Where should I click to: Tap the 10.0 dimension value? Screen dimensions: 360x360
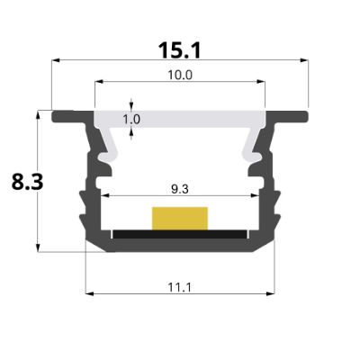click(179, 75)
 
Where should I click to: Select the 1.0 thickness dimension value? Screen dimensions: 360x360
click(131, 119)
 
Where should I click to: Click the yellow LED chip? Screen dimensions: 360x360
click(180, 218)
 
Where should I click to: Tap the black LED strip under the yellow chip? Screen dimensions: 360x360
click(180, 233)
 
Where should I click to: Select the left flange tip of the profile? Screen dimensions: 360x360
click(56, 116)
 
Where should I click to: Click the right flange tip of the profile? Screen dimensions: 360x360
click(304, 116)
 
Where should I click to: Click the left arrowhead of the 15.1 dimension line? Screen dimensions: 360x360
click(54, 58)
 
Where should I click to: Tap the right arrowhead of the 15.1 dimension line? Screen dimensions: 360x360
click(306, 58)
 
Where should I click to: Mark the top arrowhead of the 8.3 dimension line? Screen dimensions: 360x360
click(38, 114)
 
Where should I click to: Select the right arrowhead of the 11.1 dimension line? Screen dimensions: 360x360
click(273, 292)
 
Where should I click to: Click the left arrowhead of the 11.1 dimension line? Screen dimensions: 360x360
click(87, 292)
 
